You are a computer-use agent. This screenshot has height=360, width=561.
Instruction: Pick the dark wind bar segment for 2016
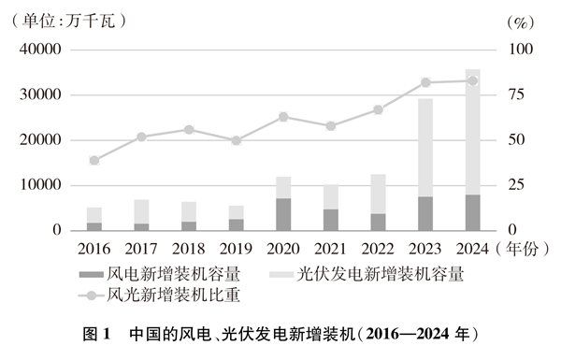pos(94,226)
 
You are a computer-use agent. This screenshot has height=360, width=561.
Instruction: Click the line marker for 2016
pos(94,160)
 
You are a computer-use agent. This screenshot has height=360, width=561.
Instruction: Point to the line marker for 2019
pos(236,140)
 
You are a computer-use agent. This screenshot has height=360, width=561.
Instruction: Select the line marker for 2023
pos(425,82)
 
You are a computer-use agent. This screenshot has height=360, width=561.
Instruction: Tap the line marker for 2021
pos(330,125)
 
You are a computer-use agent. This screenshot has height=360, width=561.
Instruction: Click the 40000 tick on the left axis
pos(41,50)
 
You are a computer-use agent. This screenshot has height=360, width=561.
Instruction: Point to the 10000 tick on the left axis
pos(41,185)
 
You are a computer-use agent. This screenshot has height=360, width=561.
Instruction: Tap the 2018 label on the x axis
pos(188,250)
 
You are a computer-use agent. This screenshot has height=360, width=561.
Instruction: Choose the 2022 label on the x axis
pos(377,250)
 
